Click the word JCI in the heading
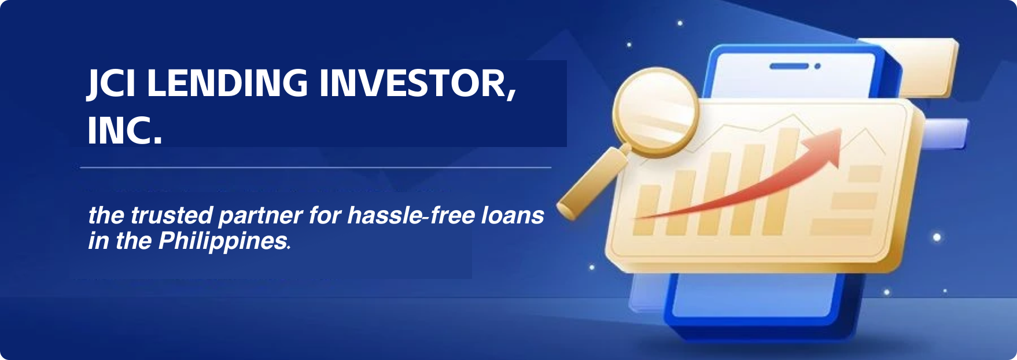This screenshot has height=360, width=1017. click(112, 83)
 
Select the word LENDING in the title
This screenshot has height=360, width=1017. click(227, 83)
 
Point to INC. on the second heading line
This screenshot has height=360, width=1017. click(125, 130)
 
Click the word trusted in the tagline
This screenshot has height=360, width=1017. click(172, 215)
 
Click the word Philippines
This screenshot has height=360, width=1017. click(223, 241)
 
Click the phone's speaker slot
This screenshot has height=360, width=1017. click(789, 66)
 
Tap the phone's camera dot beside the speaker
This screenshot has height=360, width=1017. click(817, 67)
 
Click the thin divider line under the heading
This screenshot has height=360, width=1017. click(316, 168)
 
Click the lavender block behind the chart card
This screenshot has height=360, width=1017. click(945, 134)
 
